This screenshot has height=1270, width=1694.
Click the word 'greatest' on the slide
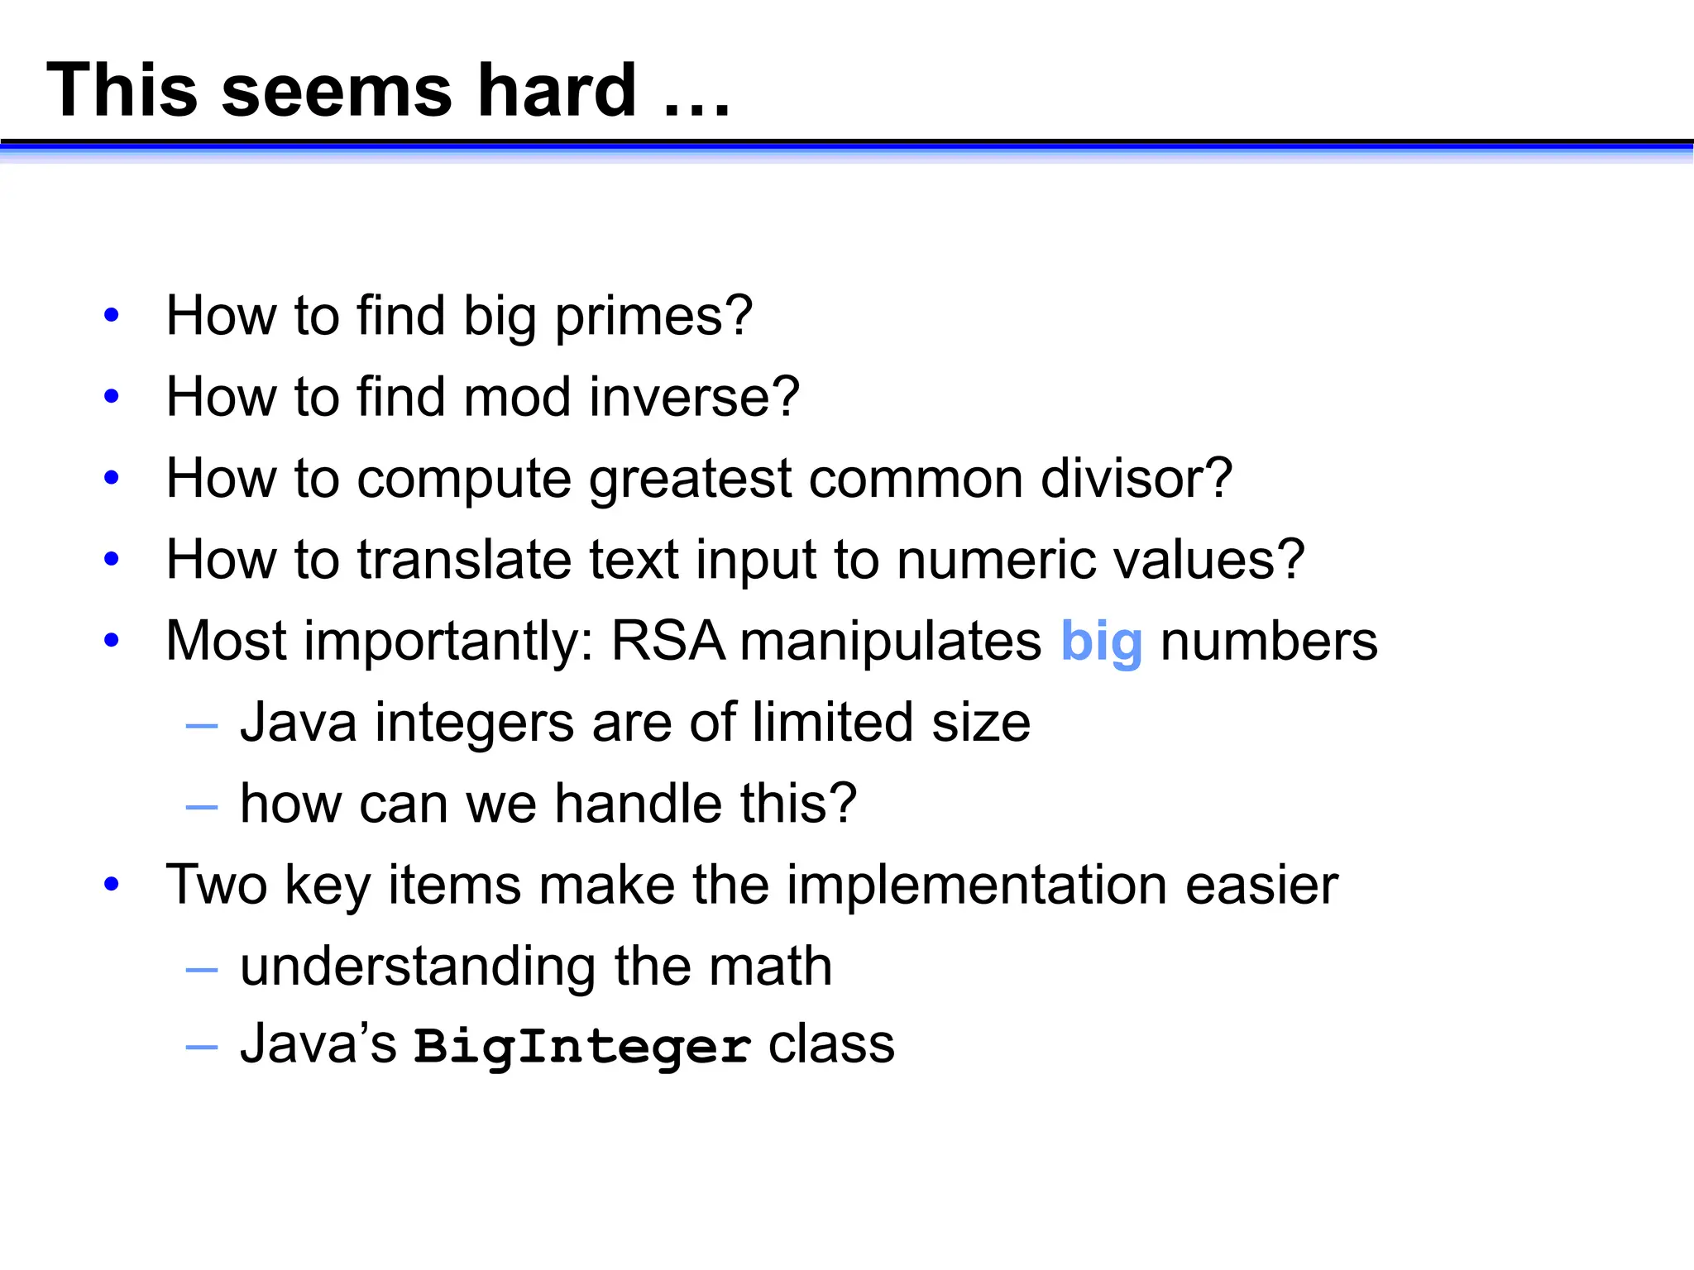click(x=691, y=480)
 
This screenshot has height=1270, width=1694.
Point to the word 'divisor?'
click(x=1136, y=478)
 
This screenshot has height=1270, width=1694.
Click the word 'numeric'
click(x=997, y=560)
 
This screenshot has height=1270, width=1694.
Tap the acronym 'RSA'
click(x=667, y=641)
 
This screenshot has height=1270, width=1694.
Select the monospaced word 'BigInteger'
click(x=582, y=1046)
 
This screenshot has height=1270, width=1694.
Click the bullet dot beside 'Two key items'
click(x=112, y=885)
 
